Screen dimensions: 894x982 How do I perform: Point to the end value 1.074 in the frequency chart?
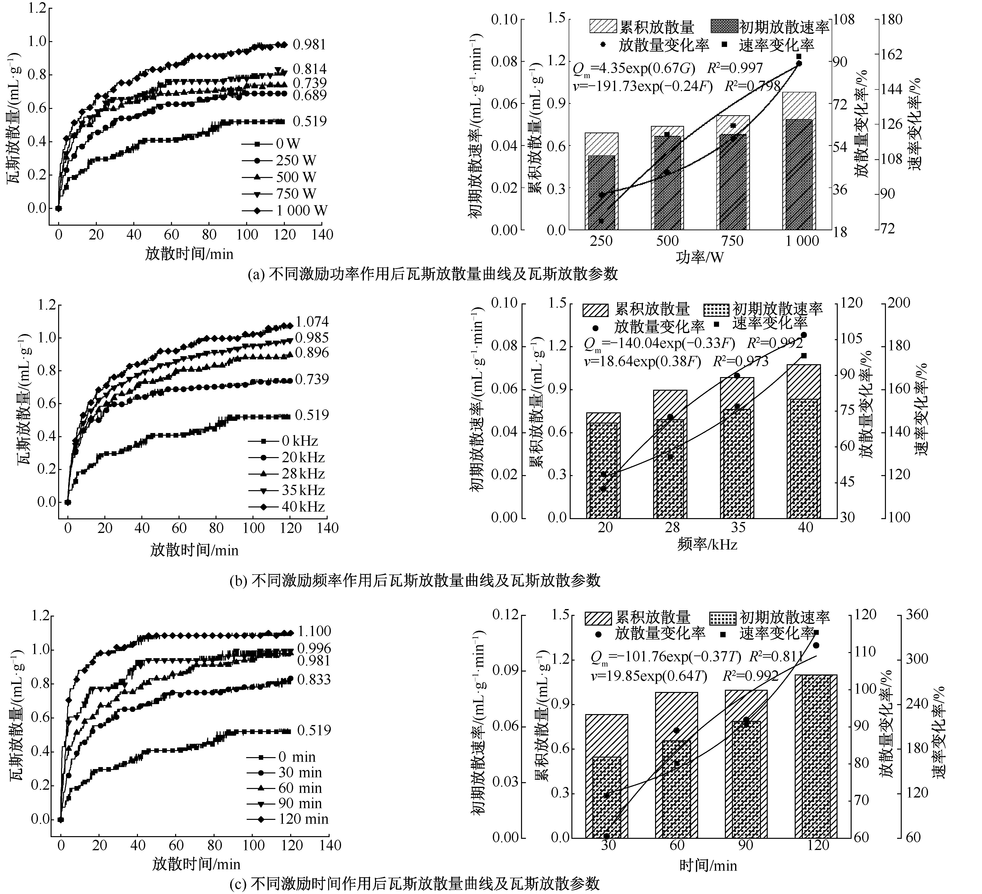(x=312, y=321)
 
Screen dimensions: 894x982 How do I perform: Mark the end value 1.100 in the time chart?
(x=314, y=631)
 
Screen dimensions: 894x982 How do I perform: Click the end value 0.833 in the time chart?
(x=314, y=679)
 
